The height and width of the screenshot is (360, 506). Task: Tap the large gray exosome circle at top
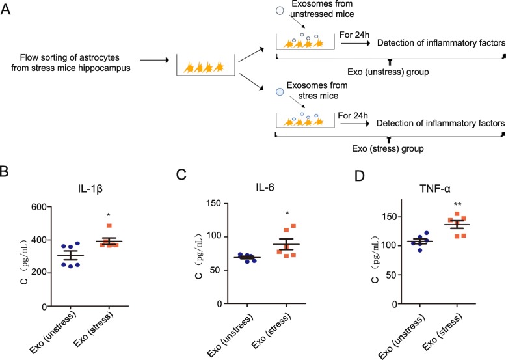pyautogui.click(x=279, y=11)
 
